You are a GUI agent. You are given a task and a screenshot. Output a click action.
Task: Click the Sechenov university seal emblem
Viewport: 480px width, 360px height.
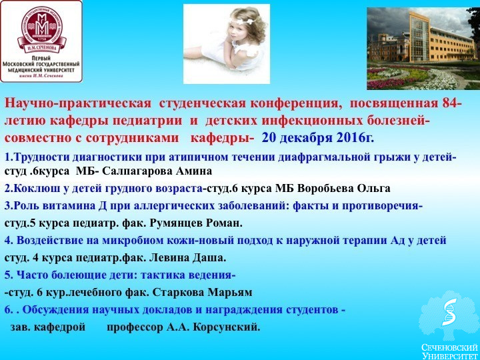pos(41,29)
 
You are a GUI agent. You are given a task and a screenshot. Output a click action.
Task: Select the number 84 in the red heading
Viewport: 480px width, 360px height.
pos(451,103)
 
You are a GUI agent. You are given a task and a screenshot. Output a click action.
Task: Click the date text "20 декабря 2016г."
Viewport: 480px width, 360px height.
pos(318,138)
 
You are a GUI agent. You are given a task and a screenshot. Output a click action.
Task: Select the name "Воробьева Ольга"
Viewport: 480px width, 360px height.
pos(344,188)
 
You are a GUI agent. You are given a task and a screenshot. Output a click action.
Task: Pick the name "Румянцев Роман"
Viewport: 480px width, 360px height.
pos(196,223)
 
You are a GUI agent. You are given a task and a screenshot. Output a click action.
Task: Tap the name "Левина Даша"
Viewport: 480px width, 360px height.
pos(187,258)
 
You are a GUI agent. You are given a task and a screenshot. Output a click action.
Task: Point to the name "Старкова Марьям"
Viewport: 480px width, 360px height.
pos(202,293)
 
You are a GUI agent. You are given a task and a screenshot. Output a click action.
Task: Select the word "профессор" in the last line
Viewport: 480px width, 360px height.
pos(135,327)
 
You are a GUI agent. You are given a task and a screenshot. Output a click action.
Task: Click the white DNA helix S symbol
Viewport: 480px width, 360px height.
pos(449,312)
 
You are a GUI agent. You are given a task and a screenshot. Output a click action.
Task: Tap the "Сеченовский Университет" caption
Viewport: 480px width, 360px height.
pos(449,351)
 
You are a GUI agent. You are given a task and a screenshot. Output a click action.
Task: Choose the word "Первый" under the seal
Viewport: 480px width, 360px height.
pos(41,58)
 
